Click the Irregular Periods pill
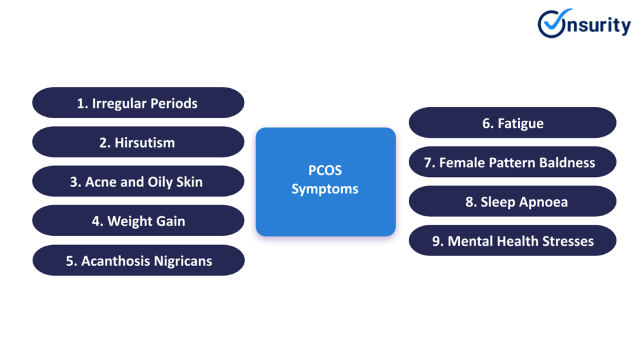point(138,103)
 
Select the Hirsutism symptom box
point(138,142)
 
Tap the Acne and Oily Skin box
point(138,182)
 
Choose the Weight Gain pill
point(138,221)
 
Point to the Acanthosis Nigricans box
point(138,261)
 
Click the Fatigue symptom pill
point(513,123)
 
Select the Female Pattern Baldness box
point(513,162)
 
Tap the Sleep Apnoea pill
point(513,202)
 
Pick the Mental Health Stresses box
point(513,241)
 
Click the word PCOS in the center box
point(325,171)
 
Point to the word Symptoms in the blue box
point(325,189)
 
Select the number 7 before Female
point(428,163)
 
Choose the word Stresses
point(567,241)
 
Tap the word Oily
point(154,182)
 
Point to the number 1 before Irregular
point(82,103)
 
